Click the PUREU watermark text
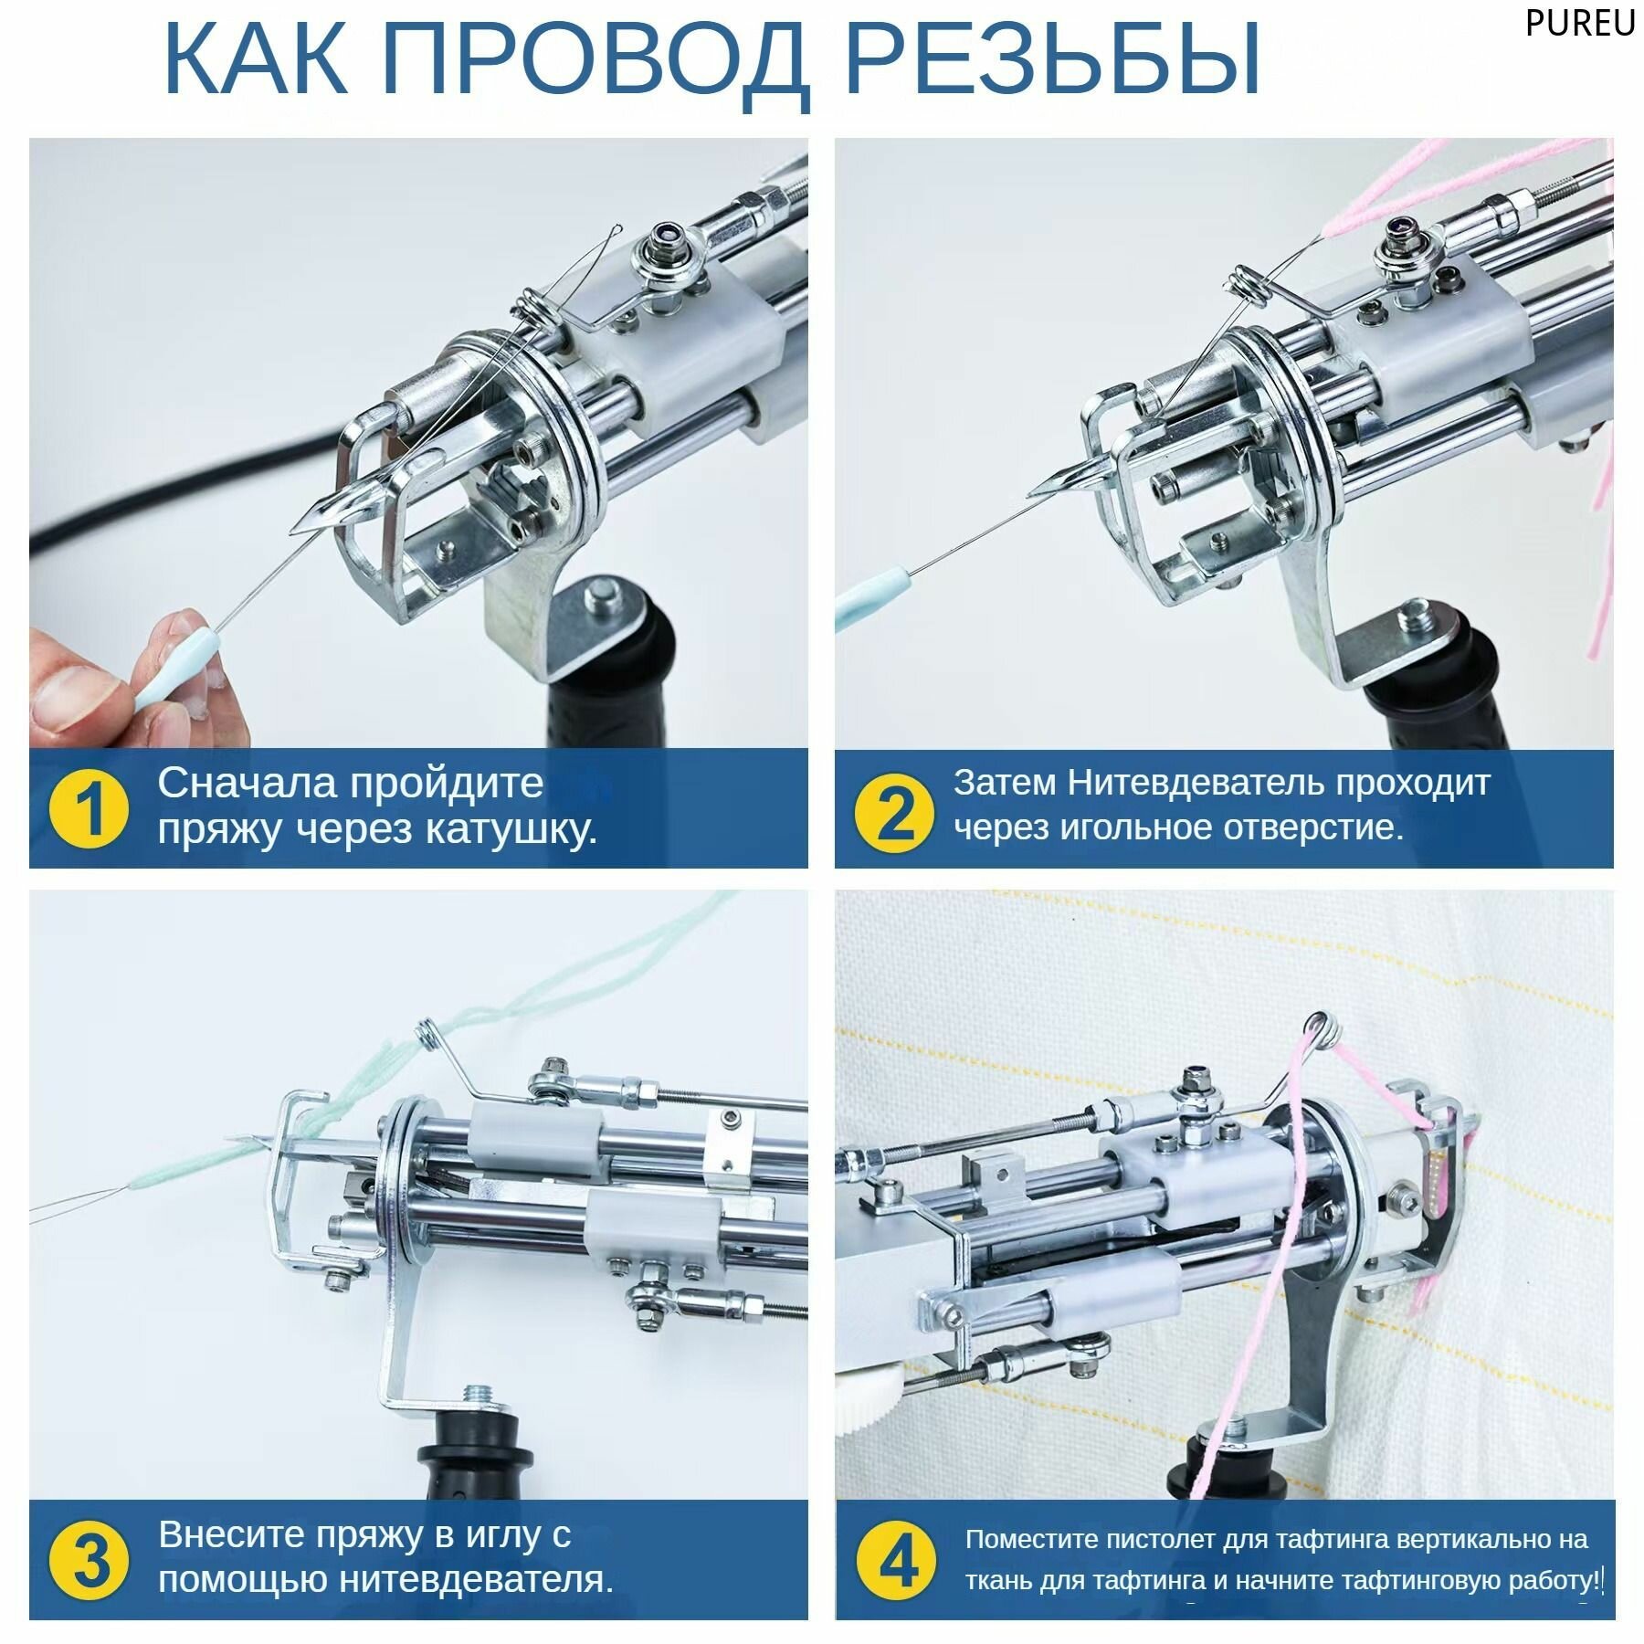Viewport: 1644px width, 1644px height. pos(1579,24)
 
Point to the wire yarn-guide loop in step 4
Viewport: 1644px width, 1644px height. pos(1321,1027)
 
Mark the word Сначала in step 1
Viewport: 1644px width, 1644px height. pos(248,783)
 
